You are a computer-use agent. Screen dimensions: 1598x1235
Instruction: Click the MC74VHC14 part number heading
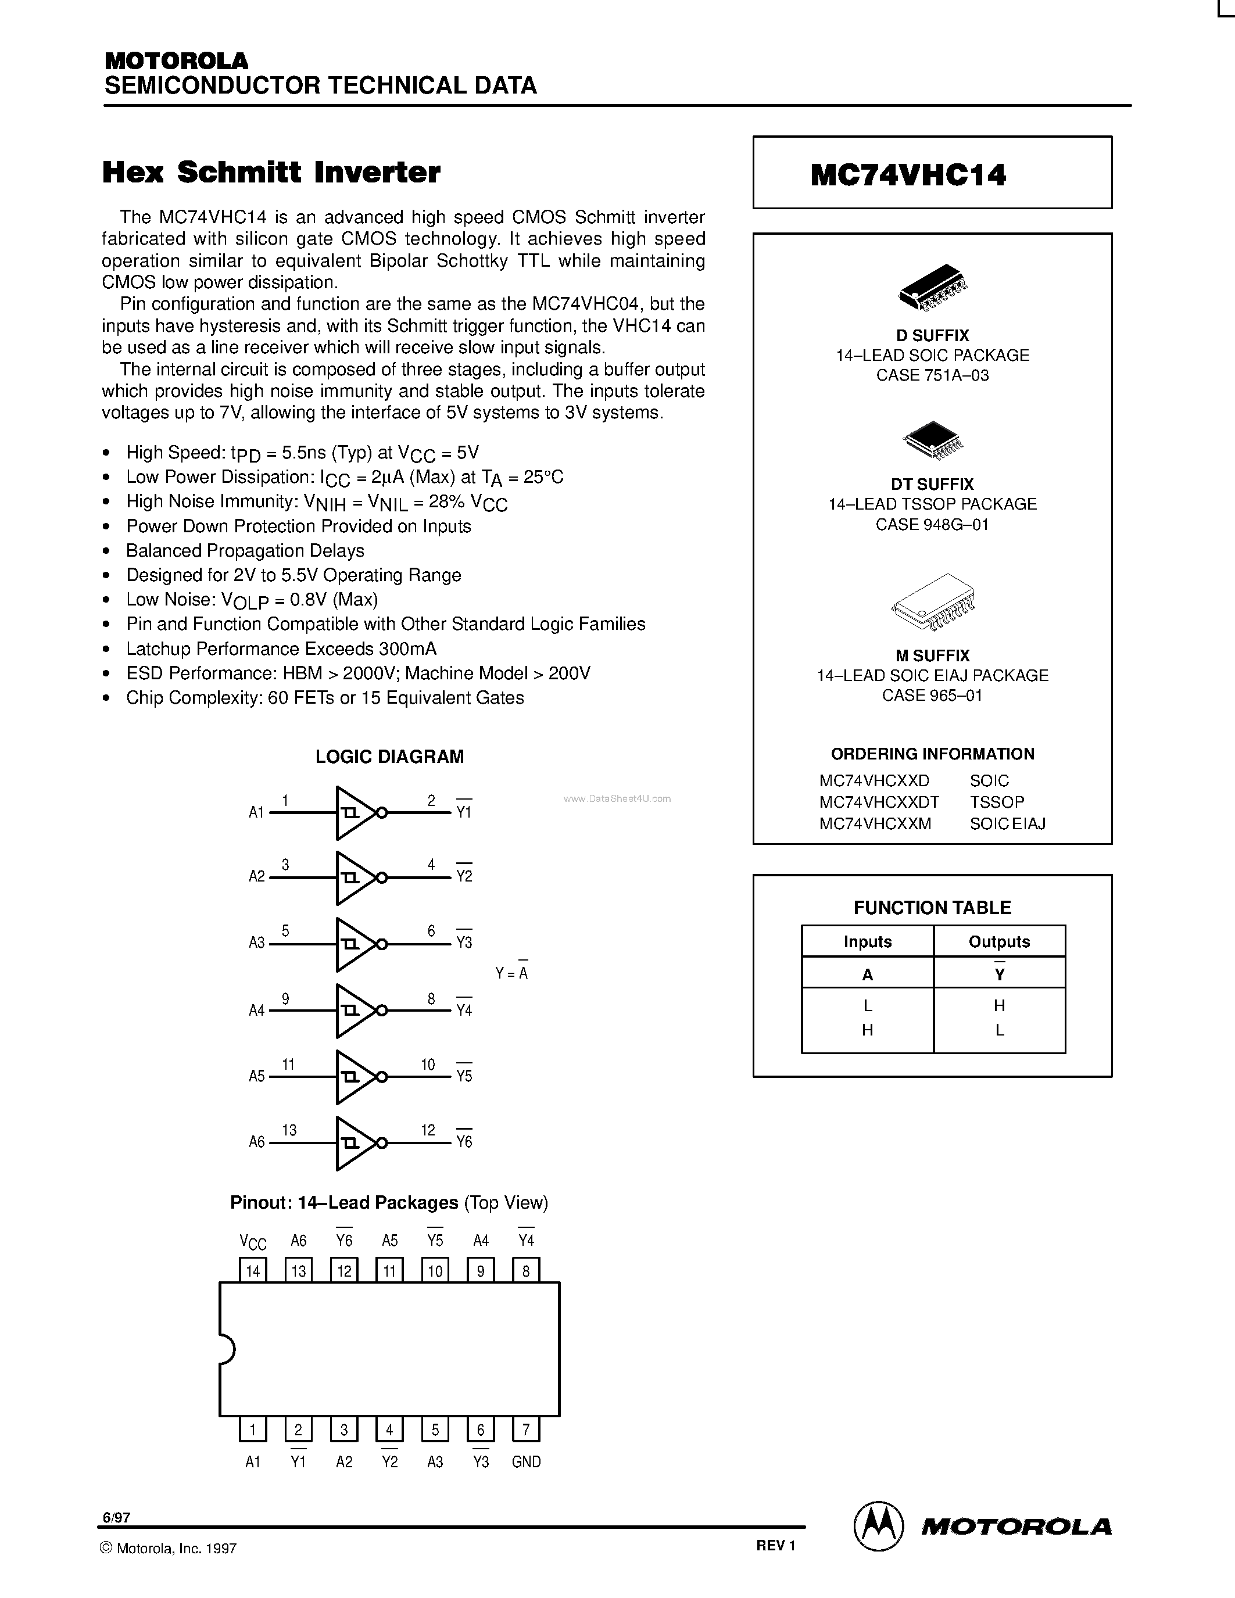908,175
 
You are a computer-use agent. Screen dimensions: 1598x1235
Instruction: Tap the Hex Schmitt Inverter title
271,173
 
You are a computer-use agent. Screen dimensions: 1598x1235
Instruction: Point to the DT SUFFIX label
932,485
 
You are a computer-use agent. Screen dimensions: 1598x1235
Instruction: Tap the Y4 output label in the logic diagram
464,1010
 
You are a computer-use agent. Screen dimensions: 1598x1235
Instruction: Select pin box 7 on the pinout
526,1429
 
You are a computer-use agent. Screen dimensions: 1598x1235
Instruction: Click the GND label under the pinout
526,1462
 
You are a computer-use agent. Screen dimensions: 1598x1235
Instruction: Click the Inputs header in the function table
867,942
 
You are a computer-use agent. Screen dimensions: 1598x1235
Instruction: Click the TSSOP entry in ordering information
997,802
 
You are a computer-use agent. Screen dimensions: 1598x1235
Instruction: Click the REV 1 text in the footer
775,1545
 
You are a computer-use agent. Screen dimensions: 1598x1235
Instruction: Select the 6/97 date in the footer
116,1517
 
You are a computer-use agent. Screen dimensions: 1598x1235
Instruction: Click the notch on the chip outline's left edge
226,1349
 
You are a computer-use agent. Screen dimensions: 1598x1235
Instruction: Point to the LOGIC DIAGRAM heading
389,757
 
